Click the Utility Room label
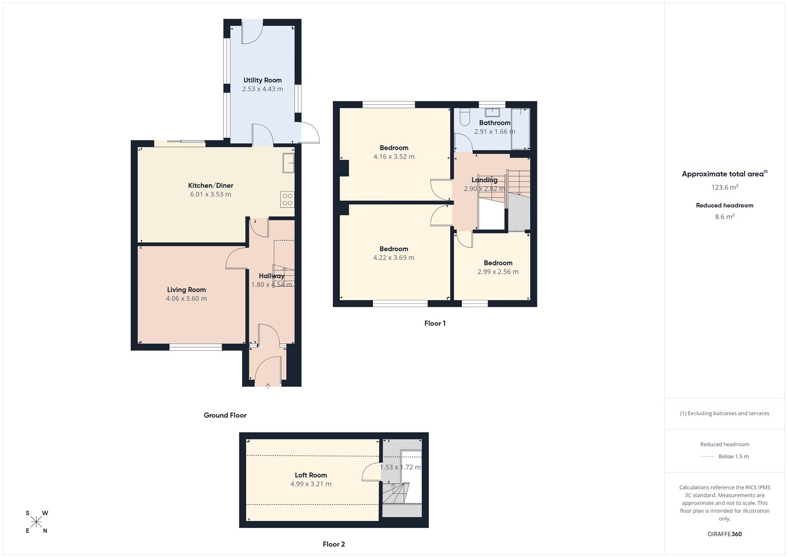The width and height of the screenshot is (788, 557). [263, 80]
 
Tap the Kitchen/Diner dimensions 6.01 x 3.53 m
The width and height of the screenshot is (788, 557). [210, 195]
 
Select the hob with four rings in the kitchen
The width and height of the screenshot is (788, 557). [287, 199]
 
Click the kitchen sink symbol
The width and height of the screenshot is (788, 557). [288, 163]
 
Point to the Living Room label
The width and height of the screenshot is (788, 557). [186, 290]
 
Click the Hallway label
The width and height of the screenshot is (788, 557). [271, 276]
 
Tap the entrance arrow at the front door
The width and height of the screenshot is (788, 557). [268, 387]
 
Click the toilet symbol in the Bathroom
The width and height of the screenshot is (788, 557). [464, 118]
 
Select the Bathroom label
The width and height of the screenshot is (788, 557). [494, 123]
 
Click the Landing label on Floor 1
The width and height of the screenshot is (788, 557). [484, 180]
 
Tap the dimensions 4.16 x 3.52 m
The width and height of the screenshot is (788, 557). [394, 157]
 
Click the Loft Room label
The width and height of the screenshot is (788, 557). [311, 475]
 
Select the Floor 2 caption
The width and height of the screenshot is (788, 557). [334, 544]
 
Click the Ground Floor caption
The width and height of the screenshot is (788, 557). [225, 415]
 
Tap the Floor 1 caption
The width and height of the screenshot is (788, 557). [435, 324]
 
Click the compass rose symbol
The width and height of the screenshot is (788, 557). [36, 522]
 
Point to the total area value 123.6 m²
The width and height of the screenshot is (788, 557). [724, 187]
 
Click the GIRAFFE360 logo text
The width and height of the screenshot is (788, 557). [724, 534]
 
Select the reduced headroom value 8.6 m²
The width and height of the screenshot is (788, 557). [724, 217]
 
